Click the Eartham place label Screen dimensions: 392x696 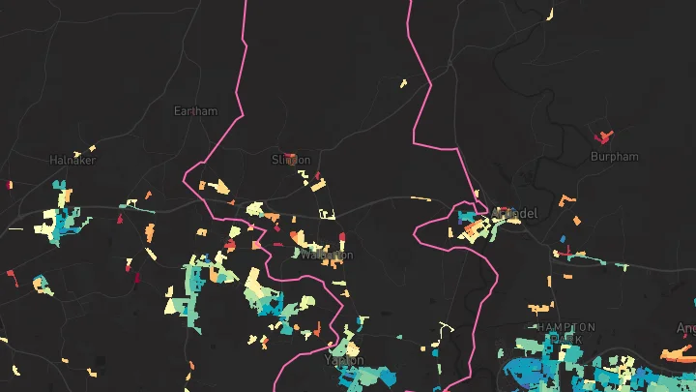pos(195,111)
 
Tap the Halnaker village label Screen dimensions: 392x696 pos(72,160)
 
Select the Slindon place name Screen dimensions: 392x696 pos(291,160)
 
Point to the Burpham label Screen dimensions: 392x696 pos(615,156)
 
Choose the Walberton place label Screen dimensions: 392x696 pos(327,255)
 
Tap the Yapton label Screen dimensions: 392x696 pos(344,360)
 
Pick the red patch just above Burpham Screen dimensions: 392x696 pos(606,136)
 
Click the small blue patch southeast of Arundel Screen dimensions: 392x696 pos(563,239)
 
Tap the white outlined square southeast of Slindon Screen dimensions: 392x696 pos(328,214)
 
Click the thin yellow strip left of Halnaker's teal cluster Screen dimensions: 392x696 pos(14,229)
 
